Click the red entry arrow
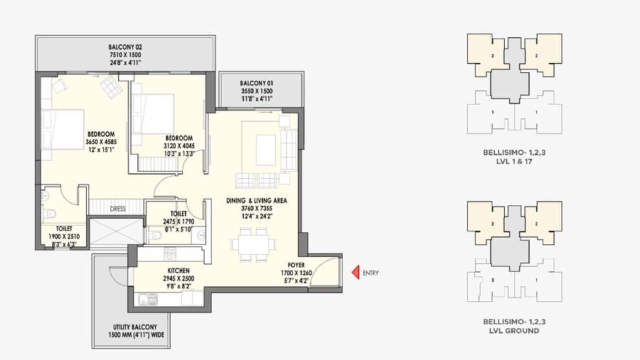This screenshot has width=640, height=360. click(355, 272)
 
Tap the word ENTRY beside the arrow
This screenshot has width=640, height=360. click(370, 273)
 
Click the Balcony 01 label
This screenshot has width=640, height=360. click(256, 83)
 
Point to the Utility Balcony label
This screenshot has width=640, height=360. click(131, 327)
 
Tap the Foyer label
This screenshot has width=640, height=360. click(296, 264)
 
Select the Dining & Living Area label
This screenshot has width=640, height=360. click(256, 200)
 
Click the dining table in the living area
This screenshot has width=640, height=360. click(253, 244)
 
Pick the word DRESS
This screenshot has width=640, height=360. click(118, 209)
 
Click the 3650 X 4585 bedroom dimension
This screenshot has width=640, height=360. click(101, 141)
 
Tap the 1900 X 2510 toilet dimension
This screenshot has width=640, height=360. click(64, 236)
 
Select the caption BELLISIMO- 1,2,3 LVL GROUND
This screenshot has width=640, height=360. click(514, 326)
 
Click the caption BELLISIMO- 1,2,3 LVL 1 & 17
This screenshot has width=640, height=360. click(514, 157)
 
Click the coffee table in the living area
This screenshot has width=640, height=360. click(266, 149)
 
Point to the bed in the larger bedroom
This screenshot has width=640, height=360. click(63, 129)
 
